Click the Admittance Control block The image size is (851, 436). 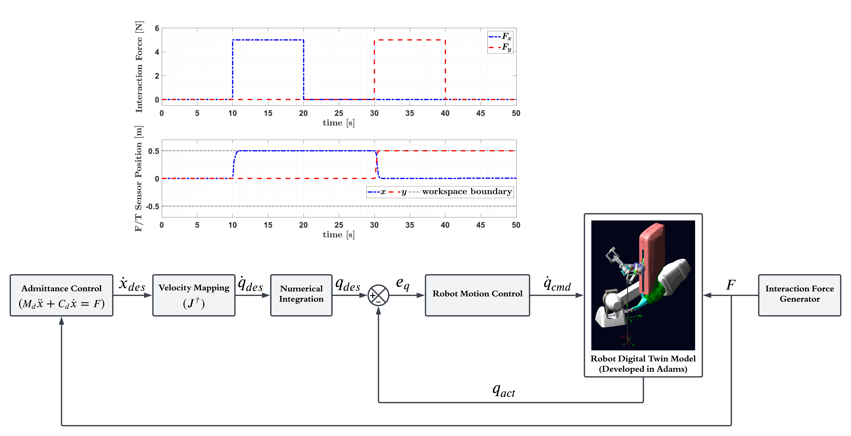[x=61, y=295]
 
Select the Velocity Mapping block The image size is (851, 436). [x=194, y=295]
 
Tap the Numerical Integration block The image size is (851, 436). [x=301, y=295]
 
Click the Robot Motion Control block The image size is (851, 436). [x=477, y=295]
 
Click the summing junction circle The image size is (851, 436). [x=378, y=295]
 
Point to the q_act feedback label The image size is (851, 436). [x=503, y=390]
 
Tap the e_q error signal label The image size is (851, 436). [x=403, y=284]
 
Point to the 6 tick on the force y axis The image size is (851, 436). [x=157, y=28]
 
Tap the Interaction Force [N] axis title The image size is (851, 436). [x=139, y=67]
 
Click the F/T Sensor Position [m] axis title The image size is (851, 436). [x=138, y=178]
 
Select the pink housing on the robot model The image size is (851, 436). [x=652, y=258]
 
